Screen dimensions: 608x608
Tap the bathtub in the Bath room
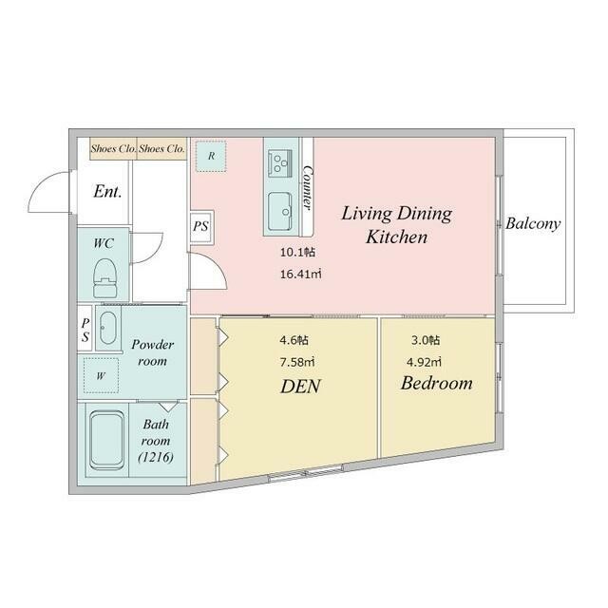click(x=106, y=440)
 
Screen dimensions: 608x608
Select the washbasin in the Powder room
click(x=107, y=328)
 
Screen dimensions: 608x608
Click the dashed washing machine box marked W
click(x=101, y=375)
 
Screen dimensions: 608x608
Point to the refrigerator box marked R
click(x=211, y=156)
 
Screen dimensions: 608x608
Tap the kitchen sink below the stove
click(x=280, y=211)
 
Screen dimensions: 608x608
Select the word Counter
click(x=308, y=188)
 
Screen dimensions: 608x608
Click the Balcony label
click(x=533, y=224)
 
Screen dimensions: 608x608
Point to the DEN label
click(x=300, y=387)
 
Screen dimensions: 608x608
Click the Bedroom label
click(x=437, y=383)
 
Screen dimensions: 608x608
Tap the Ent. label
click(x=107, y=191)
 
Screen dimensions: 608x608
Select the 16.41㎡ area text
click(x=300, y=275)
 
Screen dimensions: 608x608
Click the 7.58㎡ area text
click(x=297, y=362)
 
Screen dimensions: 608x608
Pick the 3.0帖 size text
click(x=426, y=340)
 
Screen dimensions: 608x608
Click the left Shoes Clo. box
click(x=113, y=148)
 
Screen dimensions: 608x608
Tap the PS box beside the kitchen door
click(x=201, y=226)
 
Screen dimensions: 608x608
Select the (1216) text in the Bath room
click(x=156, y=458)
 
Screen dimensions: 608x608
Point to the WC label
click(x=104, y=243)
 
